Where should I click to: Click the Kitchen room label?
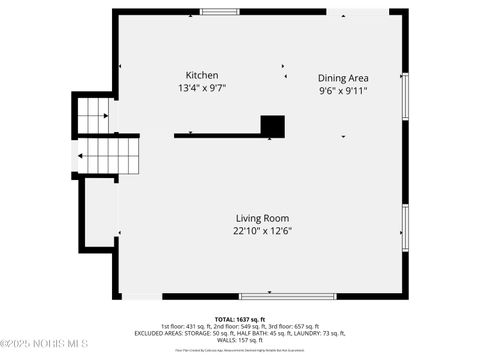pyautogui.click(x=202, y=76)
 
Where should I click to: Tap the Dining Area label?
pyautogui.click(x=343, y=78)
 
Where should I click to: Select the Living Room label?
pyautogui.click(x=262, y=218)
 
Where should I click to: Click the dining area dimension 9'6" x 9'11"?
pyautogui.click(x=343, y=91)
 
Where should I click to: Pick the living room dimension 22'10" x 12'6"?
pyautogui.click(x=262, y=231)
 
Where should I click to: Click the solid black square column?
pyautogui.click(x=273, y=126)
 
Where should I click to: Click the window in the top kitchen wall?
pyautogui.click(x=219, y=12)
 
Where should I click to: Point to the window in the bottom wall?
pyautogui.click(x=269, y=296)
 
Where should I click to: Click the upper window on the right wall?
pyautogui.click(x=405, y=96)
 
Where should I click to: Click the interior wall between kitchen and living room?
pyautogui.click(x=215, y=135)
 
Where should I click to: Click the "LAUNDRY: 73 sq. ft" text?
pyautogui.click(x=321, y=333)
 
